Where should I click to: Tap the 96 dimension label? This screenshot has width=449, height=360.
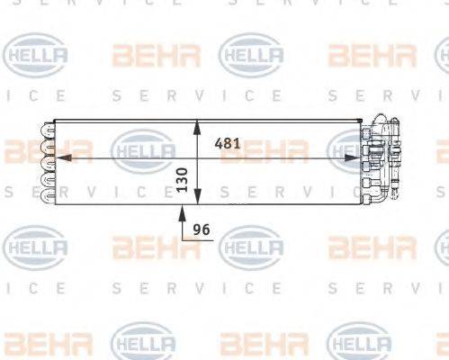tap(202, 229)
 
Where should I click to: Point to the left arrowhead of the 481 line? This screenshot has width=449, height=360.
tap(60, 156)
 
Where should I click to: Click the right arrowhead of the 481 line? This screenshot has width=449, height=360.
tap(357, 156)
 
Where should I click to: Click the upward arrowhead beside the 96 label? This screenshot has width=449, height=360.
tap(184, 212)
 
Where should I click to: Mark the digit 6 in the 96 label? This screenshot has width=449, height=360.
tap(206, 229)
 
